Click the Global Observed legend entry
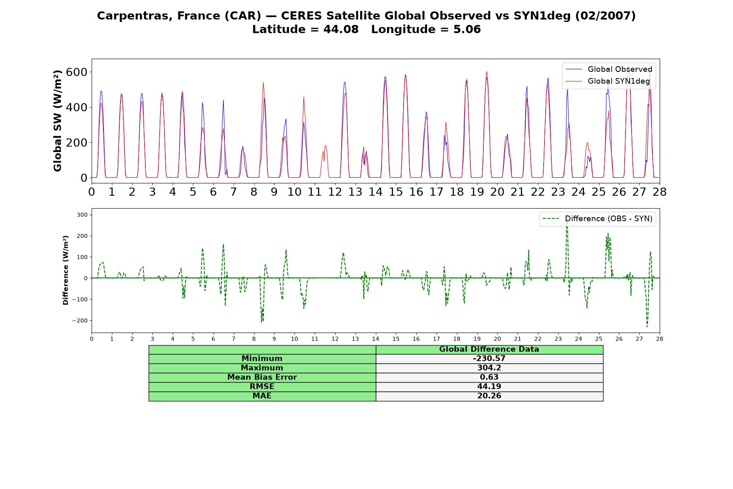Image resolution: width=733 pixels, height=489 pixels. tap(609, 69)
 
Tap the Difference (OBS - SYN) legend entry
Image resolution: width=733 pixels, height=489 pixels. tap(597, 219)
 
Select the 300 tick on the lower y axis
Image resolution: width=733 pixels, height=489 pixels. tap(83, 215)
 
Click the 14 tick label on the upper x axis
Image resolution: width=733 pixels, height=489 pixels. tap(375, 192)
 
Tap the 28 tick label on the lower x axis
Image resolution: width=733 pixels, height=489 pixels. tap(660, 339)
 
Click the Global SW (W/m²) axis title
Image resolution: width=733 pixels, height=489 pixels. tap(57, 121)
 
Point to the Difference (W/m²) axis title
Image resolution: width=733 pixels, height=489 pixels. tap(66, 270)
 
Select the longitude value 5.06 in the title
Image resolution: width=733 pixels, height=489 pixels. tap(467, 29)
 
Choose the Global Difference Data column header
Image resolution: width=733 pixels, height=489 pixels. tap(489, 349)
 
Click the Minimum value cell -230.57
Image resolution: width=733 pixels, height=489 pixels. tap(489, 359)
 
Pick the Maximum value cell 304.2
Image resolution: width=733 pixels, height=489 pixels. tap(489, 368)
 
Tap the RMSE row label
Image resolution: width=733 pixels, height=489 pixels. tap(262, 387)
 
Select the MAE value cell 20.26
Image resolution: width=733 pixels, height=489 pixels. tap(489, 396)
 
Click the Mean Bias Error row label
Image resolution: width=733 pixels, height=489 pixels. tap(262, 377)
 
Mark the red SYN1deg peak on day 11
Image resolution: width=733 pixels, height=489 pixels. tap(325, 145)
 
